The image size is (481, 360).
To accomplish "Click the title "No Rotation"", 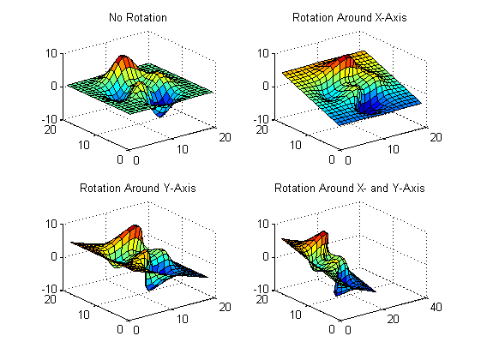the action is coord(138,17).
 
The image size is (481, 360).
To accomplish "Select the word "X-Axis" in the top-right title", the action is coord(391,17).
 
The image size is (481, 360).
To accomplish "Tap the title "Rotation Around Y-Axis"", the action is coord(138,188).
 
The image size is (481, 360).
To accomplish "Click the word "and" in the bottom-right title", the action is coord(379,188).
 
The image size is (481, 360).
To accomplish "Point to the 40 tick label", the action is coord(436,307).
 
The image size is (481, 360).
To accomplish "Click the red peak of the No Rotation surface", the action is coord(123,60).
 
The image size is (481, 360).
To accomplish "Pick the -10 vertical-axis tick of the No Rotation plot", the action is coord(50,119).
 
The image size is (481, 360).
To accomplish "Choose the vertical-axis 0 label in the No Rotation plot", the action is coord(54,87).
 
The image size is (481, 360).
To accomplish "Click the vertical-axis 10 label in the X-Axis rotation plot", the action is coord(263,53).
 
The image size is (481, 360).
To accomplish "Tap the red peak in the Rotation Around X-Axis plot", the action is coord(346,60).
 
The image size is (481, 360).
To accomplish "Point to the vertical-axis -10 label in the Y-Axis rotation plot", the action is coord(50,289).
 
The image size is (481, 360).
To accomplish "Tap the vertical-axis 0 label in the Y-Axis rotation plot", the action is coord(54,256).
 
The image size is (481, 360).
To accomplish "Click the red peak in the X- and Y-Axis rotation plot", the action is coord(322,236).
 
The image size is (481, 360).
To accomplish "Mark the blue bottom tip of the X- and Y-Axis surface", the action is coord(336,294).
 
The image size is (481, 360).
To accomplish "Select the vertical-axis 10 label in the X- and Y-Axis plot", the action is coord(263,224).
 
